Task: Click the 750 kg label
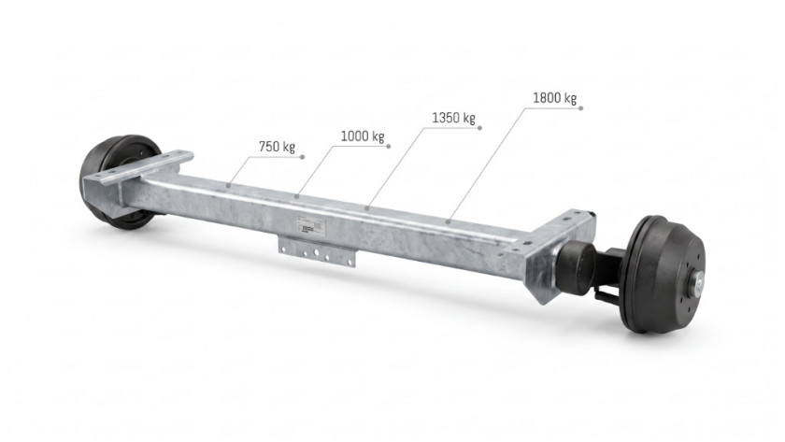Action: pyautogui.click(x=277, y=147)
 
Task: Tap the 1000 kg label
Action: pyautogui.click(x=363, y=135)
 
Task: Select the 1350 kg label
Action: pyautogui.click(x=453, y=118)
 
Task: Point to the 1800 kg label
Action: pyautogui.click(x=555, y=97)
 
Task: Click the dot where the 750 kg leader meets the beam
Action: pyautogui.click(x=228, y=186)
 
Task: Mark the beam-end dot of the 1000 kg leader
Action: pyautogui.click(x=297, y=197)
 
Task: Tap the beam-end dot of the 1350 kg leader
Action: pyautogui.click(x=368, y=207)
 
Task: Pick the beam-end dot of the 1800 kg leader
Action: pyautogui.click(x=450, y=221)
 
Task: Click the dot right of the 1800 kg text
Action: pyautogui.click(x=581, y=107)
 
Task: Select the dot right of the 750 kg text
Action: pyautogui.click(x=303, y=157)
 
